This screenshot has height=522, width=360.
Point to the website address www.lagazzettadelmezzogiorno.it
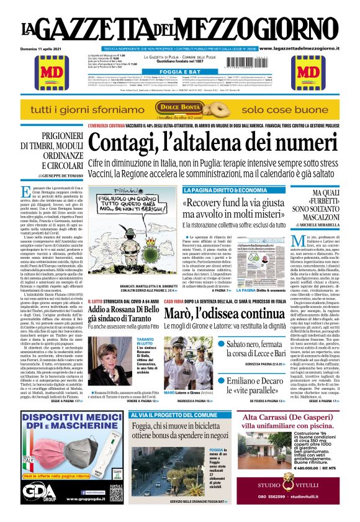pyautogui.click(x=307, y=48)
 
